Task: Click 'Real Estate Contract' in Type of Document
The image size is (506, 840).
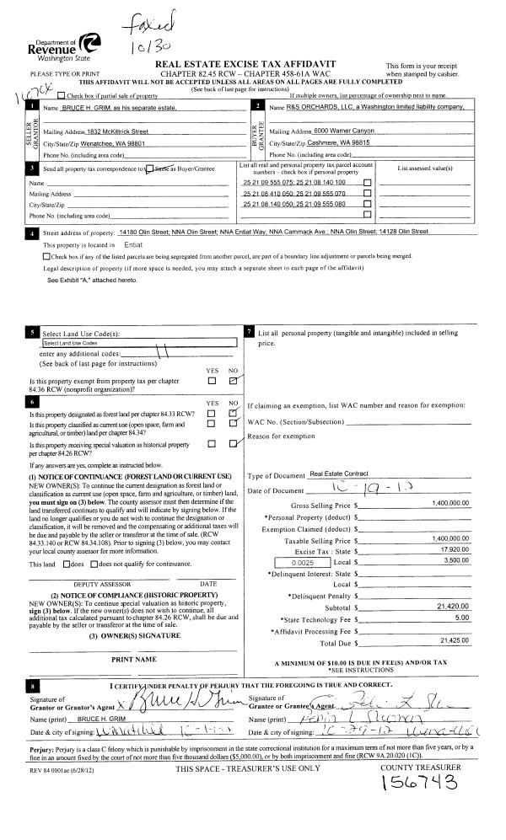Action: click(x=339, y=475)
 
